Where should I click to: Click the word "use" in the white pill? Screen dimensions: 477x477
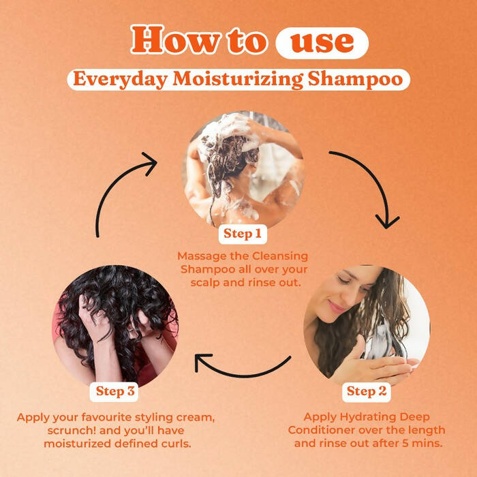[322, 43]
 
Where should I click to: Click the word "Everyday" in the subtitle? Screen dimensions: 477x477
[112, 79]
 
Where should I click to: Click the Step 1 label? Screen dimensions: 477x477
[243, 234]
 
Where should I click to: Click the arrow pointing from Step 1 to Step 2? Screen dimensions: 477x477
[371, 184]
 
